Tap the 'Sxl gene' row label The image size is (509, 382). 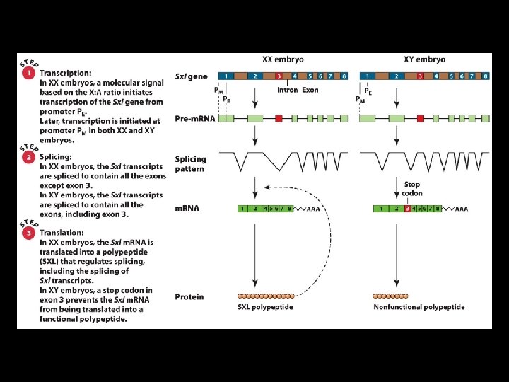192,76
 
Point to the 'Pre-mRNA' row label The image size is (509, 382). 192,119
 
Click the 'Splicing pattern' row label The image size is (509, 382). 190,164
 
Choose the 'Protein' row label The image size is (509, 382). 189,296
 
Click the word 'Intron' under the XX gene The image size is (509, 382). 288,90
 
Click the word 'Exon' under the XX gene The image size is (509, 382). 310,90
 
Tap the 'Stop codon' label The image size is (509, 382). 412,189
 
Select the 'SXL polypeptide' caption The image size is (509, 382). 265,307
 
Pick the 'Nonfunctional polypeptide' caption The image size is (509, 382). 419,307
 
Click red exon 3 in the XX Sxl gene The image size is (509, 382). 279,76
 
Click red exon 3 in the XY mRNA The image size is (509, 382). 407,209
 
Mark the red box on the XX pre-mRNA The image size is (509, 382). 279,119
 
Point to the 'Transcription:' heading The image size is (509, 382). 65,73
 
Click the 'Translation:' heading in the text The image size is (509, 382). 62,232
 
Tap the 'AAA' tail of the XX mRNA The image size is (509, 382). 312,209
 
